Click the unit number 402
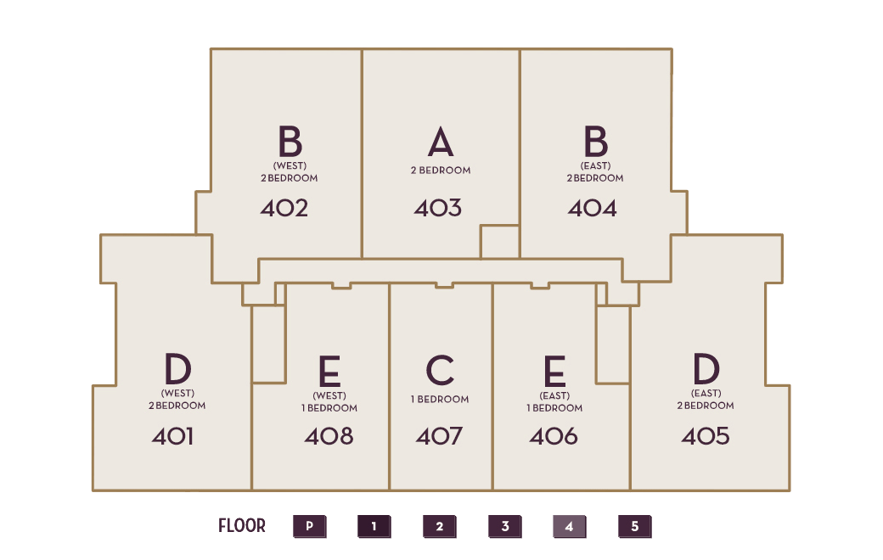tap(284, 208)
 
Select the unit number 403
tap(438, 208)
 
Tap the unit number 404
tap(593, 208)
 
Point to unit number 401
tap(172, 436)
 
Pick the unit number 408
tap(329, 436)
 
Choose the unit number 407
tap(439, 436)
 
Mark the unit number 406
tap(554, 436)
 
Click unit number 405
tap(706, 436)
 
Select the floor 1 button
tap(374, 527)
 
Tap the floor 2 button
tap(439, 527)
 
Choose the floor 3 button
tap(504, 527)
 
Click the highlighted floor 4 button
tap(570, 527)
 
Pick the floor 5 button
tap(635, 527)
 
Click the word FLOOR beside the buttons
tap(242, 526)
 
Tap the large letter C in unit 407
tap(440, 370)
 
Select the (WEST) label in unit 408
tap(329, 395)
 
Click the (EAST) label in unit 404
tap(595, 165)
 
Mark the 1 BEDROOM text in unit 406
tap(554, 408)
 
